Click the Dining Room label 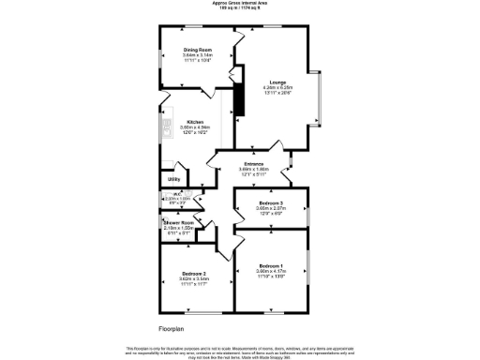tap(197, 49)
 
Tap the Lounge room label tap(277, 82)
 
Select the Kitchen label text tap(195, 122)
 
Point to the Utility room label tap(173, 179)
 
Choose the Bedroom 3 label tap(270, 203)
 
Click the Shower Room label tap(178, 222)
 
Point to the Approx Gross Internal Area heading tap(239, 4)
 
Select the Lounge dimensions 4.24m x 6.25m tap(277, 88)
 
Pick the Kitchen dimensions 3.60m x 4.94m tap(195, 127)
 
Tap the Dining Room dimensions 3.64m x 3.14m tap(197, 54)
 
